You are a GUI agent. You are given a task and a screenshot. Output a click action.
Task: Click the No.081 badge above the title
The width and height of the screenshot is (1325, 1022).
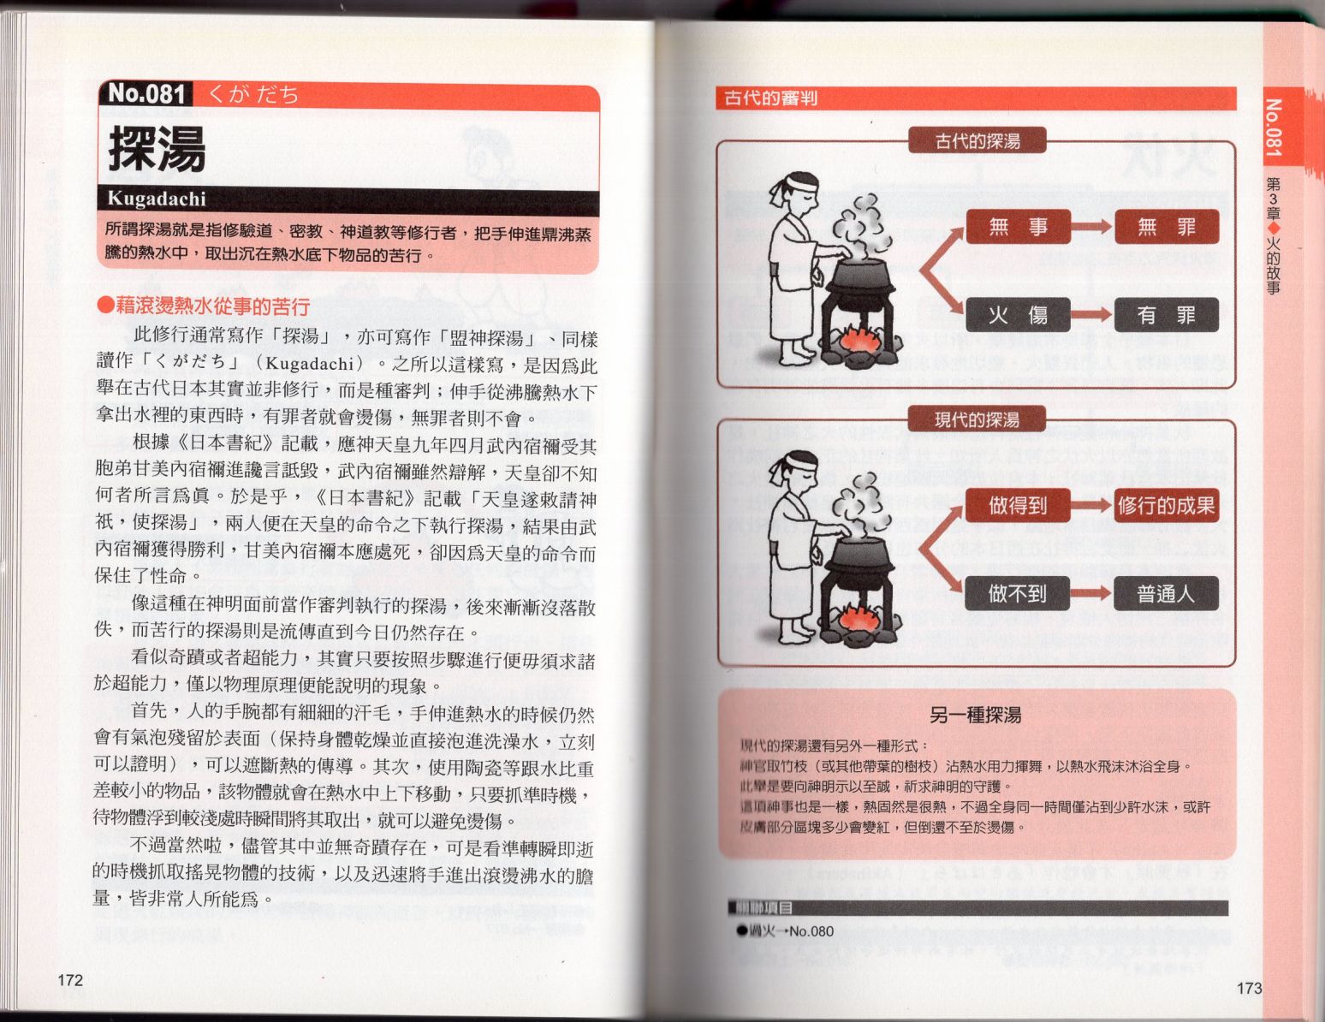pyautogui.click(x=146, y=94)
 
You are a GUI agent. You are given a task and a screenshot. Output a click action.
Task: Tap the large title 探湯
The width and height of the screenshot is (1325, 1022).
pyautogui.click(x=157, y=150)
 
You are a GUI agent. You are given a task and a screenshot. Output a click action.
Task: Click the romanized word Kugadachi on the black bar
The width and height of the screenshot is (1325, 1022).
pyautogui.click(x=157, y=199)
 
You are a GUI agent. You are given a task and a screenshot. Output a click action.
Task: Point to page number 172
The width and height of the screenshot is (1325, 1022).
pyautogui.click(x=70, y=979)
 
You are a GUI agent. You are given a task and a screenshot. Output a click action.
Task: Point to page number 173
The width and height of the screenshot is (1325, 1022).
pyautogui.click(x=1249, y=988)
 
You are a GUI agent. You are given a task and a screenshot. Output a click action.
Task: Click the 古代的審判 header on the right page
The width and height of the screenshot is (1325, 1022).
pyautogui.click(x=770, y=98)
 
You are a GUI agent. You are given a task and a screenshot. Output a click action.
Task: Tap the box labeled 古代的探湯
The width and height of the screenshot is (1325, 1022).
pyautogui.click(x=977, y=141)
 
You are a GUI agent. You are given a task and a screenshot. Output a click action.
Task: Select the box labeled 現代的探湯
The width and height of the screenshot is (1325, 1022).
pyautogui.click(x=977, y=419)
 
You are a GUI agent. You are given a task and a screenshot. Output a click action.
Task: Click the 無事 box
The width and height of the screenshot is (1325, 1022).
pyautogui.click(x=1018, y=227)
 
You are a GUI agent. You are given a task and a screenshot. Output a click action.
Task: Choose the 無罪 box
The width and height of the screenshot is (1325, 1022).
pyautogui.click(x=1167, y=227)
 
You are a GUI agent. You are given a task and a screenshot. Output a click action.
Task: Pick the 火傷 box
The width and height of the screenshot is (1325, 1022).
pyautogui.click(x=1018, y=315)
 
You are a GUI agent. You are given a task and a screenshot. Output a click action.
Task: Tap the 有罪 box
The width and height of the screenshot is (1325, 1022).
pyautogui.click(x=1167, y=315)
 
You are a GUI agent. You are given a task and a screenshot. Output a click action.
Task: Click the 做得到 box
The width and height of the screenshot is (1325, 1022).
pyautogui.click(x=1018, y=506)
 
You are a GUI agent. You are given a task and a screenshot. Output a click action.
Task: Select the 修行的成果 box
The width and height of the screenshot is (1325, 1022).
pyautogui.click(x=1167, y=506)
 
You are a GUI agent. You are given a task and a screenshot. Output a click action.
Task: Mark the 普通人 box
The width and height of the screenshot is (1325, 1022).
pyautogui.click(x=1167, y=593)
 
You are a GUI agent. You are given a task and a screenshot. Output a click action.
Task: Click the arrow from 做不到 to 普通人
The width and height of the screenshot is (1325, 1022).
pyautogui.click(x=1091, y=593)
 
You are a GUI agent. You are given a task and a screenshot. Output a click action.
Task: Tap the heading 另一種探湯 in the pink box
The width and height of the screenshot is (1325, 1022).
pyautogui.click(x=976, y=715)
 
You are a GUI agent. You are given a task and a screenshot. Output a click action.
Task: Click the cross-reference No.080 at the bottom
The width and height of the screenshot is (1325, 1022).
pyautogui.click(x=811, y=931)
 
